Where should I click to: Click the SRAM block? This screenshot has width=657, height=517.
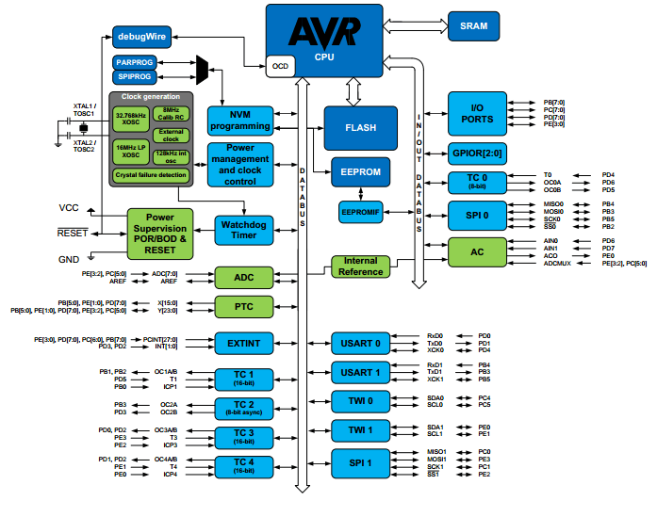(x=473, y=26)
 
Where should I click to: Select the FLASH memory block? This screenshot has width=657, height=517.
(x=360, y=127)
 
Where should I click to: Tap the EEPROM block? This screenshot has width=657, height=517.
(x=360, y=173)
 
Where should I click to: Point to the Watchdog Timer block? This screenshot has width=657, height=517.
(x=243, y=229)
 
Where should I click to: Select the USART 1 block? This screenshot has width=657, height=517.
(x=360, y=372)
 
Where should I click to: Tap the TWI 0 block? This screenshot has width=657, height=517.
(x=360, y=401)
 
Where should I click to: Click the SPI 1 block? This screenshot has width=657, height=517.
(x=360, y=462)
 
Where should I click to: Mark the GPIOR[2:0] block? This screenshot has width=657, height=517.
(x=477, y=153)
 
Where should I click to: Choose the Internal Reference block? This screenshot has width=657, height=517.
(x=360, y=267)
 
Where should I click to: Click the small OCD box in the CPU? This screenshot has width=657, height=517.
(x=280, y=67)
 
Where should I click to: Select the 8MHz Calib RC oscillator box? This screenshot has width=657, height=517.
(x=171, y=114)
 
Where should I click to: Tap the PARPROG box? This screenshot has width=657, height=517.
(x=134, y=62)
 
